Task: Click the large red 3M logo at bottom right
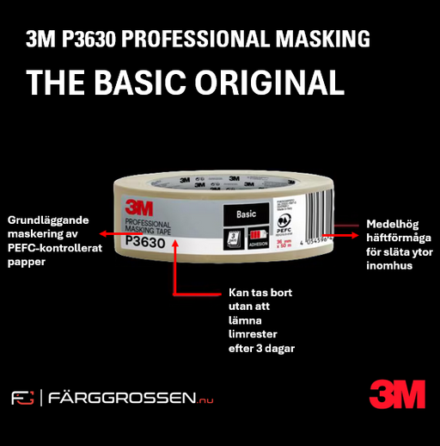coord(397,394)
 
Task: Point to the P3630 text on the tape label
coord(145,243)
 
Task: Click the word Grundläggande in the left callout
coord(48,220)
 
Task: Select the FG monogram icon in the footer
coord(22,398)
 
